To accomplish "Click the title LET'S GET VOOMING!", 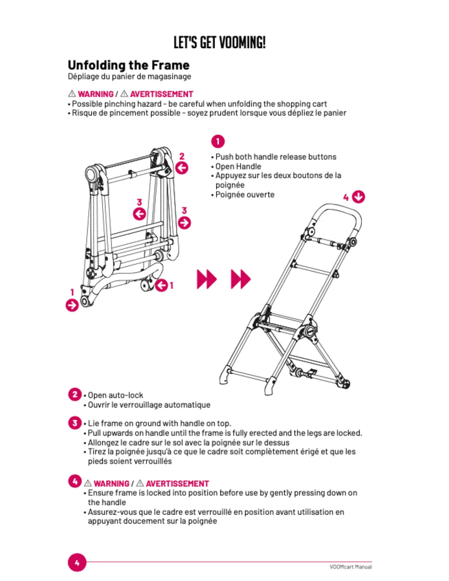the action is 219,43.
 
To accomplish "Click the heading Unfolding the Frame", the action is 129,65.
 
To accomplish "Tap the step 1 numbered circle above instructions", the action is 218,141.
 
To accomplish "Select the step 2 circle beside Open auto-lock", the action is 75,395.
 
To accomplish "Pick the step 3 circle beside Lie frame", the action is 75,423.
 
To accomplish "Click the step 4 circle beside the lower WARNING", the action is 75,481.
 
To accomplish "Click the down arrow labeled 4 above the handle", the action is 358,197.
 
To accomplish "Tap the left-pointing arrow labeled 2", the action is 182,168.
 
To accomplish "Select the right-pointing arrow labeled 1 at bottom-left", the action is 72,305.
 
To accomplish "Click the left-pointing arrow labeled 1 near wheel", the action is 161,285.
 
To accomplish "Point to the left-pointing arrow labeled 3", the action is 139,214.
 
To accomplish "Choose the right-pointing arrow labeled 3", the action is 184,222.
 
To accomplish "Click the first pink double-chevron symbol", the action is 207,279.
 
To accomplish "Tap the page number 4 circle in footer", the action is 77,563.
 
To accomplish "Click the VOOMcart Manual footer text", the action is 350,567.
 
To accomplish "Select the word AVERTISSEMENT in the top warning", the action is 161,94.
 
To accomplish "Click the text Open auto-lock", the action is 116,395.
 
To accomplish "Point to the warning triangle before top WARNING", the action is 72,94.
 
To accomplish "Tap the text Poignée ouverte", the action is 245,195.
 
